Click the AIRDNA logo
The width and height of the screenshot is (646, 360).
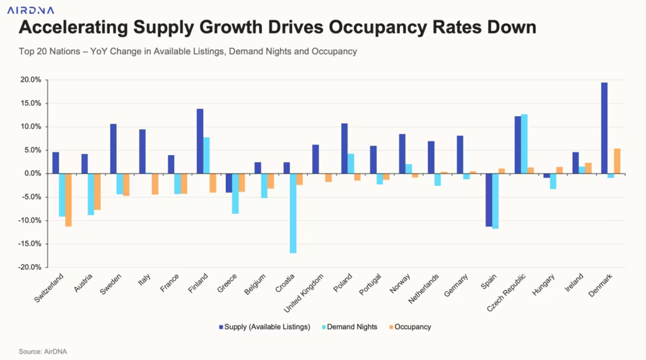click(31, 9)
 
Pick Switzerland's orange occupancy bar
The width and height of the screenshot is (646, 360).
click(68, 200)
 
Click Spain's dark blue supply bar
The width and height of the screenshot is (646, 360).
click(488, 200)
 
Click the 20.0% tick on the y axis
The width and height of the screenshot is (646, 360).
click(30, 80)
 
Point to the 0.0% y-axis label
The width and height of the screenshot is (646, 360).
click(32, 173)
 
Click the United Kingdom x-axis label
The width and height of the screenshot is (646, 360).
click(307, 293)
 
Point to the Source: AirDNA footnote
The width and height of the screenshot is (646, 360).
click(42, 351)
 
